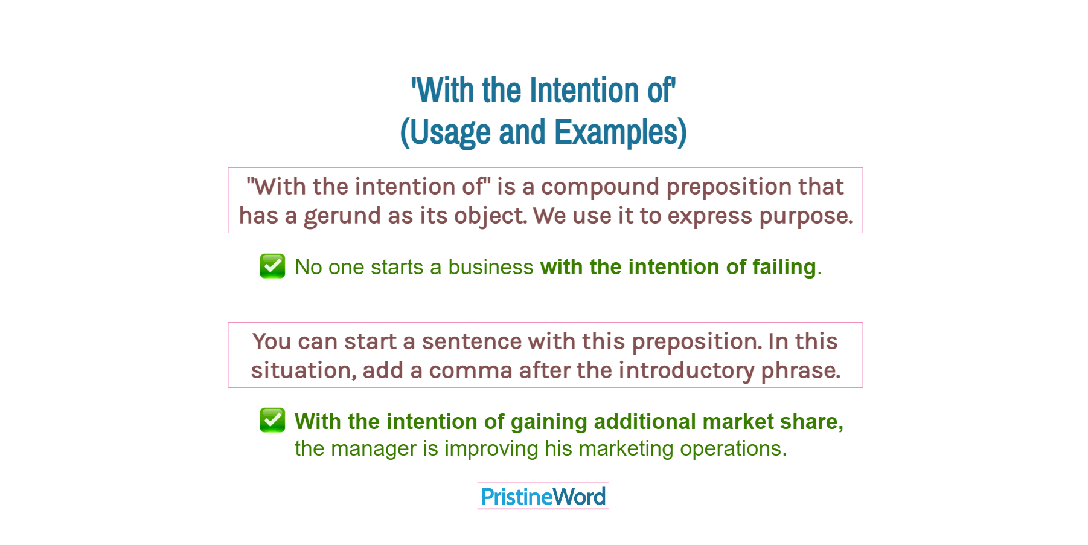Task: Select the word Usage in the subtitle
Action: (x=446, y=132)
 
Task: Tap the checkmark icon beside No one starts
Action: (x=272, y=266)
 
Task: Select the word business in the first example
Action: (x=490, y=267)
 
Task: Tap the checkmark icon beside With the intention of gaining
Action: (x=272, y=420)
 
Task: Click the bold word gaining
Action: (x=548, y=422)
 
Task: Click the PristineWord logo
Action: (x=543, y=497)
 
